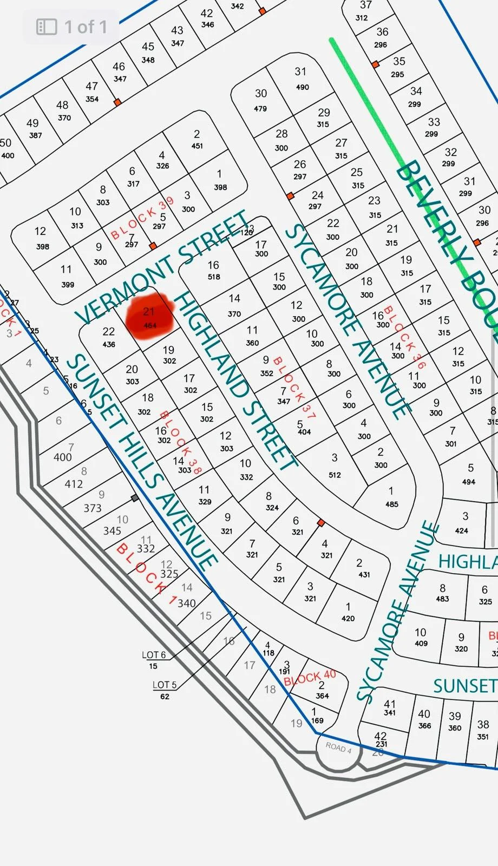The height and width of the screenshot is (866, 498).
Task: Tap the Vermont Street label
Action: pyautogui.click(x=162, y=268)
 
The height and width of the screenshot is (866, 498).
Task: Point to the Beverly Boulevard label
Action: pyautogui.click(x=447, y=244)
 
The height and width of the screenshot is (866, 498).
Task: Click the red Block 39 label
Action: pyautogui.click(x=142, y=218)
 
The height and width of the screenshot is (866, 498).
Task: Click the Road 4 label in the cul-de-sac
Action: pyautogui.click(x=338, y=747)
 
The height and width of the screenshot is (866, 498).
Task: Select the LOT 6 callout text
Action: pyautogui.click(x=154, y=655)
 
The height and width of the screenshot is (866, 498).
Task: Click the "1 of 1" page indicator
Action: pyautogui.click(x=86, y=27)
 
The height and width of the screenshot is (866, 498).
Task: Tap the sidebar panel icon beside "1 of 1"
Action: pyautogui.click(x=47, y=27)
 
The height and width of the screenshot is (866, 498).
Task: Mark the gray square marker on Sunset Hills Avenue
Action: pyautogui.click(x=135, y=498)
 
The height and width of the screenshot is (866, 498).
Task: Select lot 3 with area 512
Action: pyautogui.click(x=335, y=465)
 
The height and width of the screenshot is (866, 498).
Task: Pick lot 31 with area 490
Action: pyautogui.click(x=301, y=78)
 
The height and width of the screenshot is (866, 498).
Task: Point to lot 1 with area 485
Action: pyautogui.click(x=391, y=497)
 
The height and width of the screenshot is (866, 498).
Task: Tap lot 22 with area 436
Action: pyautogui.click(x=109, y=337)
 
